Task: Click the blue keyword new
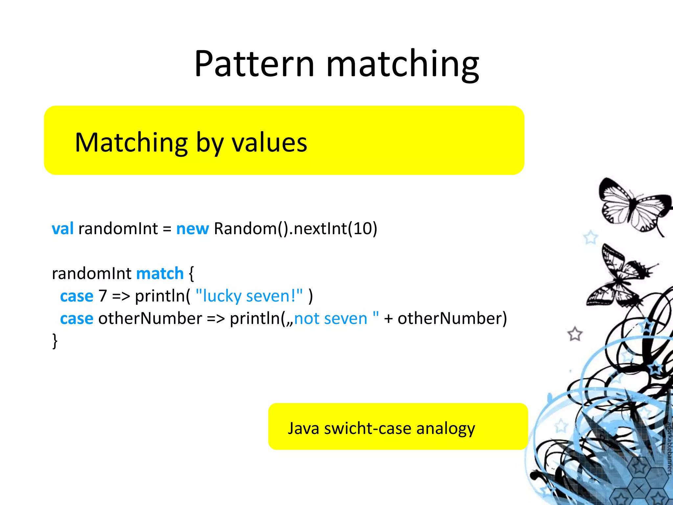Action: click(192, 228)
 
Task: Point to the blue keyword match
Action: click(160, 273)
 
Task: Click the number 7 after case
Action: click(103, 296)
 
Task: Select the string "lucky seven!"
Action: click(249, 296)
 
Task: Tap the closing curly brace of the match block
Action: click(55, 341)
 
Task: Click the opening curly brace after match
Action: click(191, 273)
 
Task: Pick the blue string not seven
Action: click(331, 318)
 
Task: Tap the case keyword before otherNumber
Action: click(77, 319)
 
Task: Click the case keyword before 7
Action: click(77, 296)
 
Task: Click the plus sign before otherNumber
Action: click(388, 319)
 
